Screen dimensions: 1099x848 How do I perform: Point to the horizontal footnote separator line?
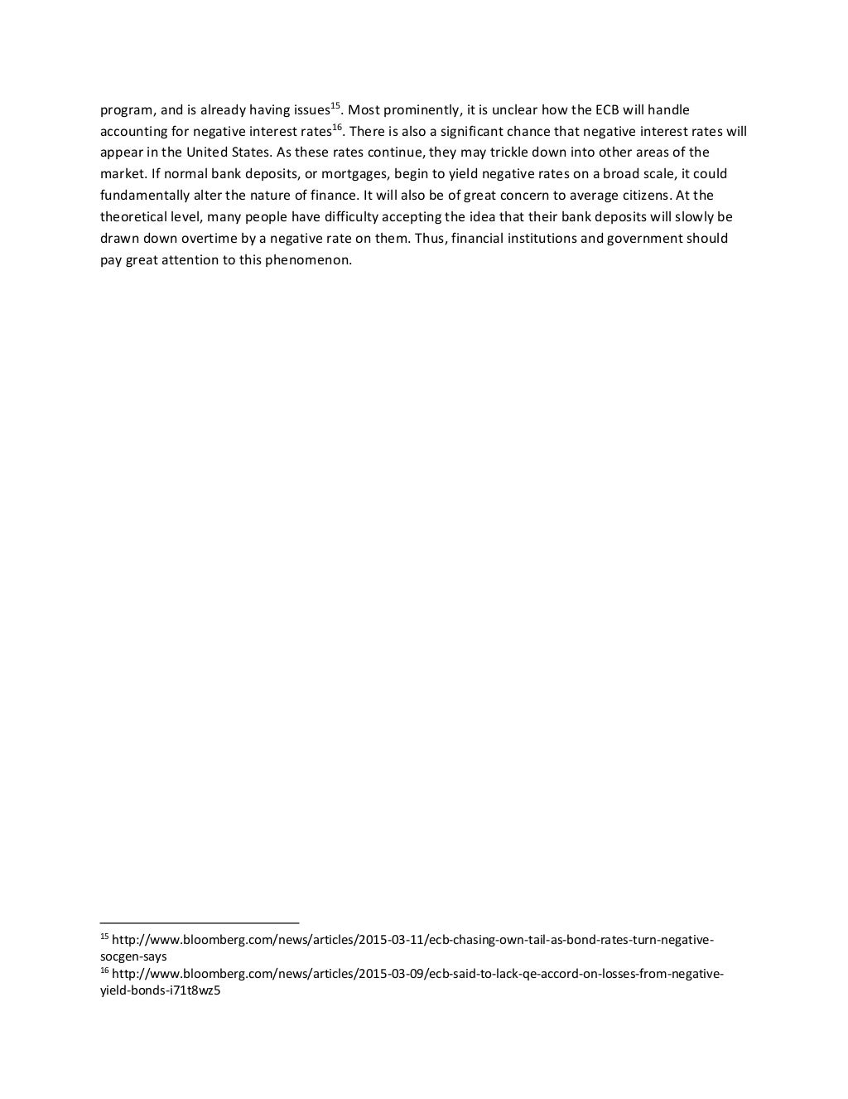click(x=199, y=922)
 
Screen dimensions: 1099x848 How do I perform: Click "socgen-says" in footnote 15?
click(x=133, y=956)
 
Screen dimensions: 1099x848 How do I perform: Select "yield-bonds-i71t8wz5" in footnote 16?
click(x=160, y=990)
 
